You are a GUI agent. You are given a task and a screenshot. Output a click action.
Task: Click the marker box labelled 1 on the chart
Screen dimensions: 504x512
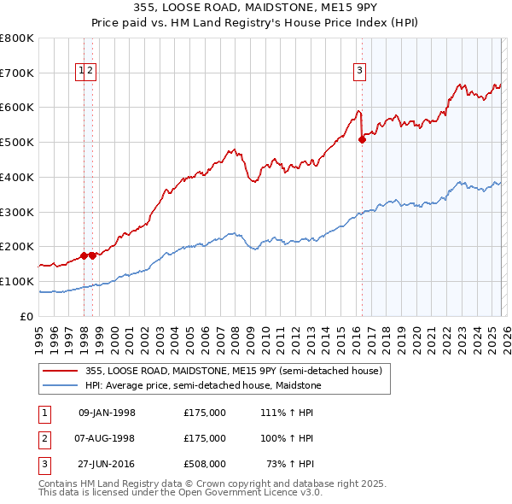82,71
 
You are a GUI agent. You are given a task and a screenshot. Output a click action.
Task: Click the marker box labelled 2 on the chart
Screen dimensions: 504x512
90,71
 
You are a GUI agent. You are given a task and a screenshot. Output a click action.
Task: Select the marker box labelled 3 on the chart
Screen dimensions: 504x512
360,71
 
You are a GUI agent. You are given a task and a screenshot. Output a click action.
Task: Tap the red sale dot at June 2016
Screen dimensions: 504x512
362,140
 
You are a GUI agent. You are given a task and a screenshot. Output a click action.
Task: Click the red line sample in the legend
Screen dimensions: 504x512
61,371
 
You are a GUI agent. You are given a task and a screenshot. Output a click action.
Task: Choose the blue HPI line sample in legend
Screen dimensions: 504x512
61,384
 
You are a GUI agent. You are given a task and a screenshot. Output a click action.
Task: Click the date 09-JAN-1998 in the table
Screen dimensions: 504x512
106,413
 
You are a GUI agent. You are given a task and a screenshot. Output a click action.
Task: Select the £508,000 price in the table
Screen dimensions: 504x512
205,464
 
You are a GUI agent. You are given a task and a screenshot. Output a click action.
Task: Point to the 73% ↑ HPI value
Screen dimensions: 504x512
289,464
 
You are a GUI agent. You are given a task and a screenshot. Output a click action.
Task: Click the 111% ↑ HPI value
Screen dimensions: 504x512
287,413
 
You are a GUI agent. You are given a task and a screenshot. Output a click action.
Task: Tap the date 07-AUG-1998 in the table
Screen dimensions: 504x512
106,438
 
